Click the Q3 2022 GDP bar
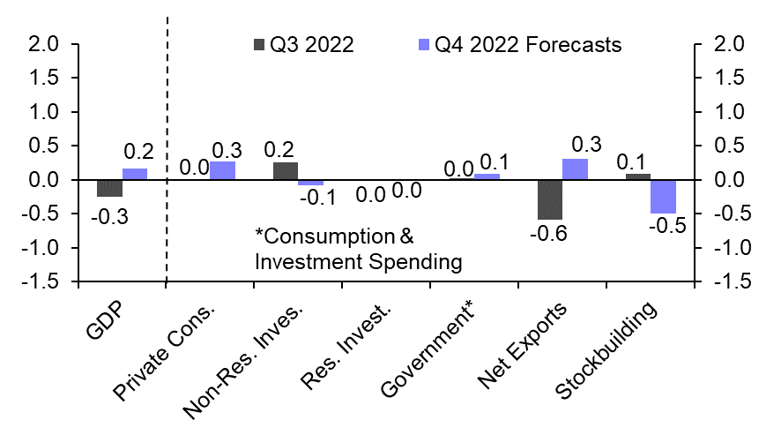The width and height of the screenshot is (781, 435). point(109,188)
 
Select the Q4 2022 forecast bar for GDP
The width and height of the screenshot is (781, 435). point(135,174)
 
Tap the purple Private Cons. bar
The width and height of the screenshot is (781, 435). point(222,171)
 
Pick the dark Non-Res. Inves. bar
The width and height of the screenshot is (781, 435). point(286,171)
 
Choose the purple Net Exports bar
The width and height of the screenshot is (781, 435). point(575,169)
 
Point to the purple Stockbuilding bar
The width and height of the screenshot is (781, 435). point(663,197)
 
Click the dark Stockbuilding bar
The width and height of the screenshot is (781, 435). point(637,176)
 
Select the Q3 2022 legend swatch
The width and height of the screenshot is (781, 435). point(258,45)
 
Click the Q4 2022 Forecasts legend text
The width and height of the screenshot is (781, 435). point(529,45)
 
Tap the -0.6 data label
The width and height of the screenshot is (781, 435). point(549,234)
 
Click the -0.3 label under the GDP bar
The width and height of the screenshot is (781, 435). point(109,216)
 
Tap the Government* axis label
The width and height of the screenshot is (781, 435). point(432,350)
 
